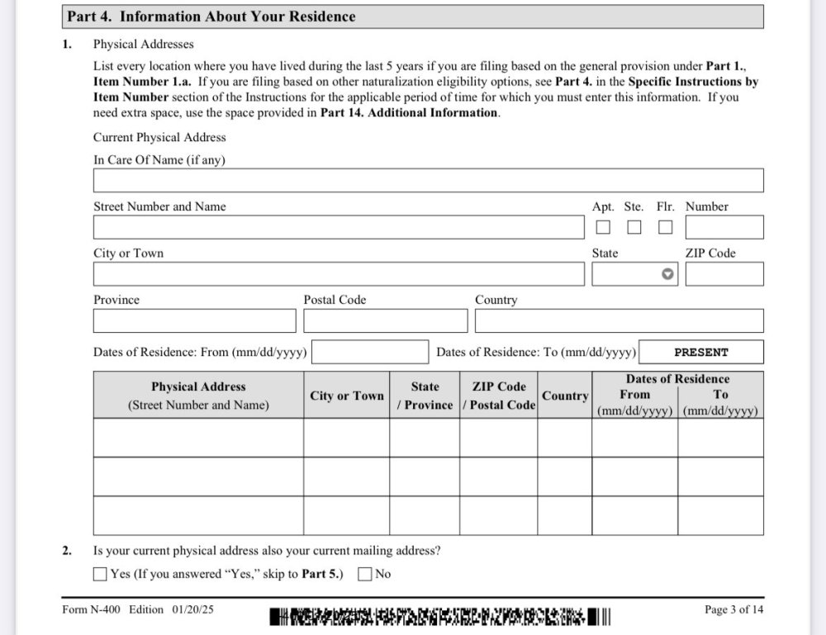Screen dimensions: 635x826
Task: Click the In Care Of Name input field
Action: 428,180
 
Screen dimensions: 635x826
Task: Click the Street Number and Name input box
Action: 339,227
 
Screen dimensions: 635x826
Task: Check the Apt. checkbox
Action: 604,227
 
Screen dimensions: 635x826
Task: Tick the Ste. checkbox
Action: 634,227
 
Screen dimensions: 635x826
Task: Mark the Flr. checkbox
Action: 665,227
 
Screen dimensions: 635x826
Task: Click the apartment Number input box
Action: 724,227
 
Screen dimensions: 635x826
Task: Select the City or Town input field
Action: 339,274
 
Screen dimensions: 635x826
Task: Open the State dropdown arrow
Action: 668,274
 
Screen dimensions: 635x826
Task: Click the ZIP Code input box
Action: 724,274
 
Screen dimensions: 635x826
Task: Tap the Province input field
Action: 194,320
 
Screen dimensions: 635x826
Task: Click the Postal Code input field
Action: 385,320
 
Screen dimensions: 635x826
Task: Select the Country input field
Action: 619,320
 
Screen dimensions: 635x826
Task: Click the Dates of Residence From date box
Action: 370,352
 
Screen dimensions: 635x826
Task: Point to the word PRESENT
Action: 701,352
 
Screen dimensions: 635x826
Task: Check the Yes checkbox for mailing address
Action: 101,574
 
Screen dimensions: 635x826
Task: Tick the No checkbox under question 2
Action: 365,574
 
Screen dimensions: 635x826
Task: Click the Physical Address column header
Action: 198,396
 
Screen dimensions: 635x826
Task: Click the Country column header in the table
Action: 565,396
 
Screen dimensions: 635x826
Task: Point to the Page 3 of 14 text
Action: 733,609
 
